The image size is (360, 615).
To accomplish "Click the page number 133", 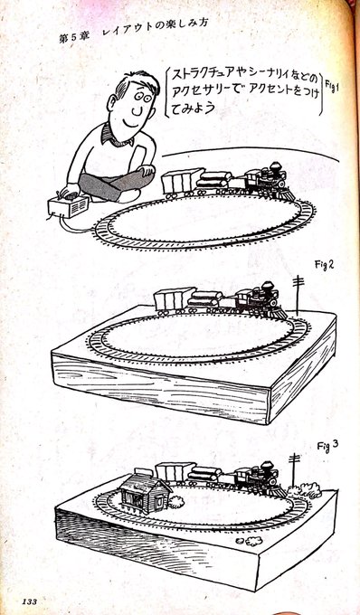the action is [30, 601].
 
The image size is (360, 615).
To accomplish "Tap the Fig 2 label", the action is [325, 265].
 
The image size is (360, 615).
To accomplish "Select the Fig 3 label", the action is [327, 446].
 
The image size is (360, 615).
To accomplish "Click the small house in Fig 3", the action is [145, 491].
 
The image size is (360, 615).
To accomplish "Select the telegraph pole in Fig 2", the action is [298, 295].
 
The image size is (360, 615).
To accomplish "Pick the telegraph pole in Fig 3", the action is [294, 470].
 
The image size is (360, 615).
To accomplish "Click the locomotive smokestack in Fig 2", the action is [268, 289].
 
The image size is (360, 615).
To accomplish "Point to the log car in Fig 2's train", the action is [205, 301].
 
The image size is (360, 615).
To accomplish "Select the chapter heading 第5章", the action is [74, 38].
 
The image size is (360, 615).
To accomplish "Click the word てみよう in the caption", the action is [194, 107].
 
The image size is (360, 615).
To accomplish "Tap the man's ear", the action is [112, 103].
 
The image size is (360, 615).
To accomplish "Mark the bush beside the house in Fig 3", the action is [176, 502].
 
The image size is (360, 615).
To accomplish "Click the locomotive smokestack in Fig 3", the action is [268, 469].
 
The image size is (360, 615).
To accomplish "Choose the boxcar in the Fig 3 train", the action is [175, 474].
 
